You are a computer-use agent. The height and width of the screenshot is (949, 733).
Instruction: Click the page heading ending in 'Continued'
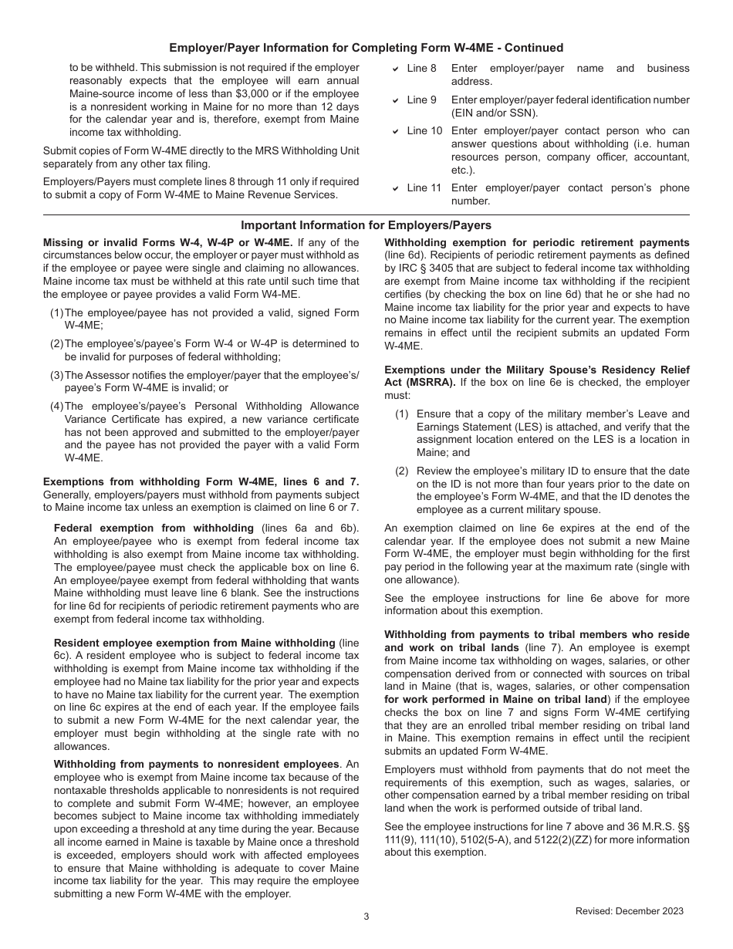[x=366, y=48]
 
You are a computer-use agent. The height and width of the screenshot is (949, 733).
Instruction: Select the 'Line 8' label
[x=421, y=69]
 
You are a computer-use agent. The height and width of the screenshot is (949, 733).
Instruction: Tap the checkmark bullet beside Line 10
[x=395, y=132]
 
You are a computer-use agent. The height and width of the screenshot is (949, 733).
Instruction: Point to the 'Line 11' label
[x=424, y=188]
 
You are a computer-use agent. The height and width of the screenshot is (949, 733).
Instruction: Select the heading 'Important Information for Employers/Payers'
[x=366, y=225]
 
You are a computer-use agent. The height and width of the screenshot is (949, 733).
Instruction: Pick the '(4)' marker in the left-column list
[x=56, y=406]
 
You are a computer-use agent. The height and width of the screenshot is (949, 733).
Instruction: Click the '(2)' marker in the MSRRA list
[x=402, y=471]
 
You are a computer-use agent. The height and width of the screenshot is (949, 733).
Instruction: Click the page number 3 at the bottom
[x=366, y=917]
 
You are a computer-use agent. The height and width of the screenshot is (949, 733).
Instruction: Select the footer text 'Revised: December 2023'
[x=629, y=911]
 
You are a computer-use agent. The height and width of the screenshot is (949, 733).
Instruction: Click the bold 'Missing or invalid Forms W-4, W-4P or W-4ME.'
[x=167, y=242]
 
